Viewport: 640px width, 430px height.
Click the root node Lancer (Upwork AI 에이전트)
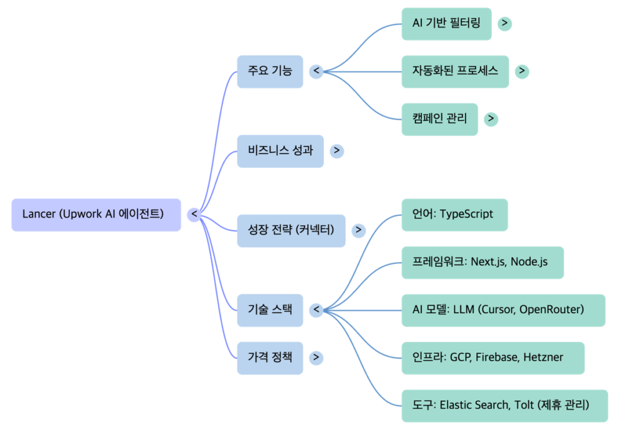96,215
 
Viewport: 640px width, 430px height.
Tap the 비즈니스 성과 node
280,151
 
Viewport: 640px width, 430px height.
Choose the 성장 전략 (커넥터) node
291,230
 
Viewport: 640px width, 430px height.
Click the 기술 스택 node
270,310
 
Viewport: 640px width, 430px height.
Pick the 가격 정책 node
270,358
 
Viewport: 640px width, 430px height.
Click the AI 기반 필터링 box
446,24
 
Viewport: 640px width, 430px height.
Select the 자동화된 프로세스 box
455,71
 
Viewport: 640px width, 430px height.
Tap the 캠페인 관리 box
439,119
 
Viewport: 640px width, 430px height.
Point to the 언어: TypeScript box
454,215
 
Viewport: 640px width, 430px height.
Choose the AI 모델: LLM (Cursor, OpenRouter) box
503,310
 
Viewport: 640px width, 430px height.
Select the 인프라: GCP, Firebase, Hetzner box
492,358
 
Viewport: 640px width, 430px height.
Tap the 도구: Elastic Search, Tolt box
504,406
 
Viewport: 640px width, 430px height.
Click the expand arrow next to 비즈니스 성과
337,151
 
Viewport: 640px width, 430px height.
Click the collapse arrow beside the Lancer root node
194,215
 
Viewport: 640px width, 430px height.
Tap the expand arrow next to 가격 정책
317,358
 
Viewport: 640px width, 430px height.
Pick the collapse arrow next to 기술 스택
317,310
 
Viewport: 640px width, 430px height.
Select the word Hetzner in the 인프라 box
542,358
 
